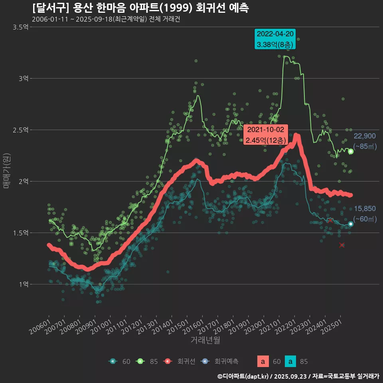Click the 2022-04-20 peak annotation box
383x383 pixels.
(x=275, y=39)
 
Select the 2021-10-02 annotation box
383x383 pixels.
(x=265, y=135)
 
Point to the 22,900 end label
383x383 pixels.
(x=365, y=136)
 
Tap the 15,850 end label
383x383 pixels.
(x=365, y=209)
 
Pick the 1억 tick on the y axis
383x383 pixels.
(x=23, y=284)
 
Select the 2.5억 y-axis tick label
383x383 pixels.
(x=20, y=130)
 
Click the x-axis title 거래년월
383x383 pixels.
(x=205, y=340)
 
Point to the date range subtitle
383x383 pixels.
(x=106, y=19)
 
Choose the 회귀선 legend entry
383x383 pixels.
(x=186, y=361)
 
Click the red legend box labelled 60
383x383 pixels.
(x=263, y=361)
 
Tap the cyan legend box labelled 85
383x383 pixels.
(x=291, y=361)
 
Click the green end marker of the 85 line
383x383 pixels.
(x=351, y=151)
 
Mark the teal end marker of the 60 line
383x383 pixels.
(x=351, y=224)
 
